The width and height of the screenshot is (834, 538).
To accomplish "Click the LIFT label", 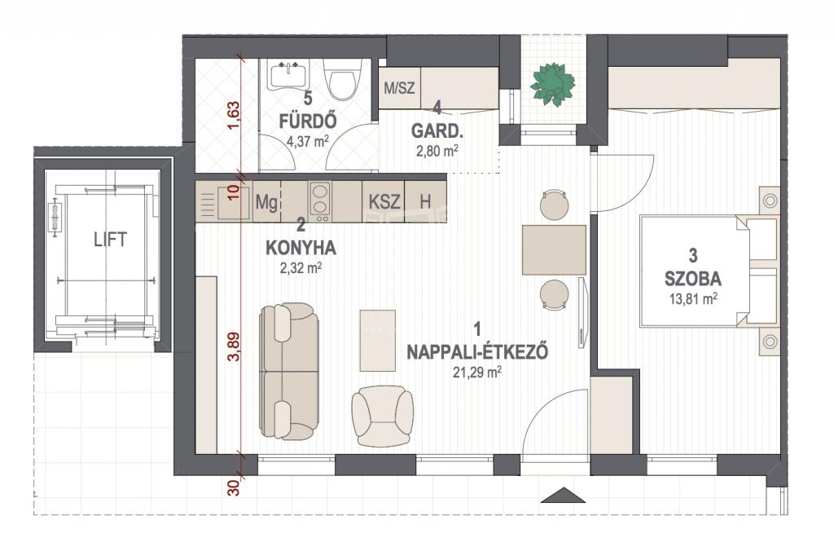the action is tap(110, 240).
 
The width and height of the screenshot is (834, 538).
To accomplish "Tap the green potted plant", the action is tap(553, 84).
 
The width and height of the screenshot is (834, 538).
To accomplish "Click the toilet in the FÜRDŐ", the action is tap(342, 79).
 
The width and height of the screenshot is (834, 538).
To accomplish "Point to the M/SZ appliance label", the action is tap(399, 87).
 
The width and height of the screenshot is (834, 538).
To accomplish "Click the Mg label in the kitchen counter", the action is tap(266, 202).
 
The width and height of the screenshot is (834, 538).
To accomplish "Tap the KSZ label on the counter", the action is tap(384, 201).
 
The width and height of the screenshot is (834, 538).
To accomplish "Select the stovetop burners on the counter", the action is tap(320, 201).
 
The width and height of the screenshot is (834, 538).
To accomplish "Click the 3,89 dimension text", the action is tap(234, 346).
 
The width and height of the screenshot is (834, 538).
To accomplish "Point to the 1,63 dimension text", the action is tap(234, 116).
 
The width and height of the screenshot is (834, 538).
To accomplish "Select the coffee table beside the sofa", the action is tap(378, 341).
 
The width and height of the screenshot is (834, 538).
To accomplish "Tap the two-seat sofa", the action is tap(289, 371).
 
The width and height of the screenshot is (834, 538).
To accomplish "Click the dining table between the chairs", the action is tap(554, 249).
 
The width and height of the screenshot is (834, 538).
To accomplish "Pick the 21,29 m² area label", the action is tap(477, 373).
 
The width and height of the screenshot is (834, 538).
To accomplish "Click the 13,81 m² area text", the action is tap(693, 298).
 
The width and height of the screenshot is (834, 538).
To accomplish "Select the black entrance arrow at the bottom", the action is tap(563, 495).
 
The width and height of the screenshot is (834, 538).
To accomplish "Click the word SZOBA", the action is tap(693, 278).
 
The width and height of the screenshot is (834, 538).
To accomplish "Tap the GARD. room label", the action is tap(437, 131).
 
